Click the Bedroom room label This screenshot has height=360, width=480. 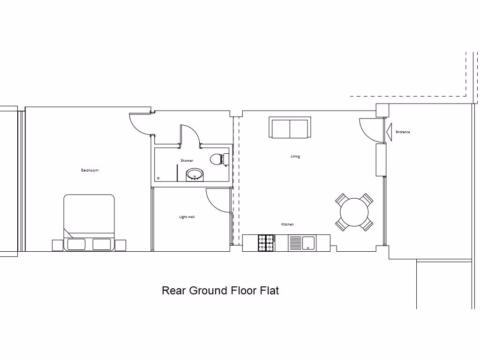(90, 170)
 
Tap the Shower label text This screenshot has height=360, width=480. (187, 161)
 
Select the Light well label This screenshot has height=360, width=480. (187, 217)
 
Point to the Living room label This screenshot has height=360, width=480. (295, 157)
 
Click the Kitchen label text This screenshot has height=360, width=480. (287, 225)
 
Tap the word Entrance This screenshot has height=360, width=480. (403, 132)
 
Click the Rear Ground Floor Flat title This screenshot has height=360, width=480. (220, 291)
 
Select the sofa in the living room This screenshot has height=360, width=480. (290, 127)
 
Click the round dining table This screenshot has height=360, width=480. (354, 212)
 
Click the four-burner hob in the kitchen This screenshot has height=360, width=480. (265, 242)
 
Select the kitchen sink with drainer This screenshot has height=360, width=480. (302, 242)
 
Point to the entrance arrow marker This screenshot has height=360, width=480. (389, 132)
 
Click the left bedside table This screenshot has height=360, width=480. (57, 245)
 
